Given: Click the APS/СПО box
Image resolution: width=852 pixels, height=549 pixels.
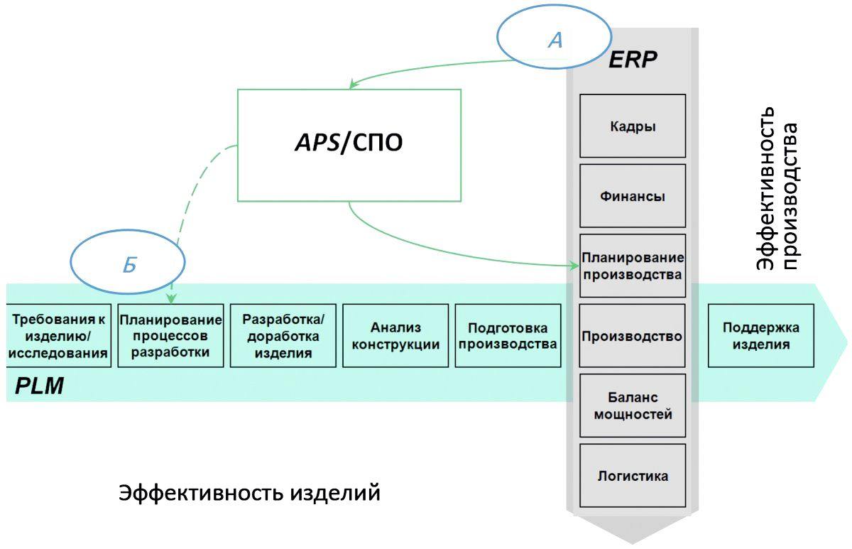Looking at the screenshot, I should click(x=349, y=145).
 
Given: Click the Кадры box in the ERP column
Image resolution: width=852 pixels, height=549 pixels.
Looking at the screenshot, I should click(x=633, y=126).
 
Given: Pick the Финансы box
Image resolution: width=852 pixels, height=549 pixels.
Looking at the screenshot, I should click(x=633, y=196).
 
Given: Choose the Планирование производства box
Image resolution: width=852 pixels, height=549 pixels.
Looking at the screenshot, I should click(x=633, y=266).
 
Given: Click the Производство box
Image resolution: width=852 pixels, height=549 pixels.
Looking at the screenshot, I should click(x=633, y=336).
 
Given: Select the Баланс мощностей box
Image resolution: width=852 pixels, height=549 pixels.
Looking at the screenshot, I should click(x=633, y=406).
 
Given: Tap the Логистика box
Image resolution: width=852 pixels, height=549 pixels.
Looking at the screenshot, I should click(x=633, y=475).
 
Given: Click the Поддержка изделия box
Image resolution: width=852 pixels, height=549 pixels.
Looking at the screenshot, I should click(x=761, y=336).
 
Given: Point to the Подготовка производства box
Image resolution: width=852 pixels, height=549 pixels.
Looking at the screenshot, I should click(x=508, y=336).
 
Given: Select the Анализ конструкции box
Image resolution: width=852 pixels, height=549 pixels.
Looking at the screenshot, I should click(x=395, y=336).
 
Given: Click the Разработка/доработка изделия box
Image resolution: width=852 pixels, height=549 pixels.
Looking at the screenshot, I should click(x=283, y=336).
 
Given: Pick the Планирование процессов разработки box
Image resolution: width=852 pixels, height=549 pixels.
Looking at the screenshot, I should click(x=170, y=336).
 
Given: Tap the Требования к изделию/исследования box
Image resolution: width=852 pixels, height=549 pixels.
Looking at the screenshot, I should click(x=59, y=336).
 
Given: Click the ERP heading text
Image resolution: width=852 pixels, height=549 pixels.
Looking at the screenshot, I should click(x=633, y=60).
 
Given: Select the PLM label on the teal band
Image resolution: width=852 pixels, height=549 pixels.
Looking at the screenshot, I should click(x=40, y=386).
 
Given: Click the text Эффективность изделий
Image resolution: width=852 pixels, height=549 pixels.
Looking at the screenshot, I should click(x=249, y=493).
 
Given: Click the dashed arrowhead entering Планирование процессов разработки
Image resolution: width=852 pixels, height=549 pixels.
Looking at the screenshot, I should click(x=171, y=300).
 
